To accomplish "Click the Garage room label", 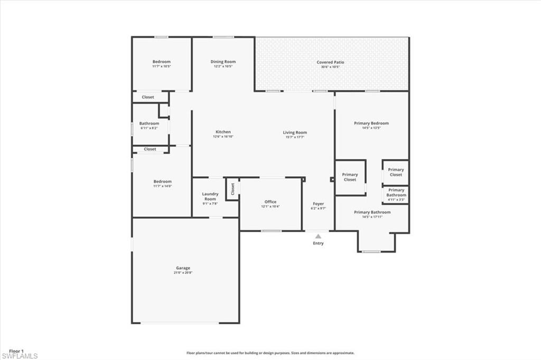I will click(x=183, y=268).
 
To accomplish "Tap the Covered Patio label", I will click(x=330, y=62).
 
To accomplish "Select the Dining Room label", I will click(x=223, y=62).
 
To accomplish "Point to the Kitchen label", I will click(x=223, y=132).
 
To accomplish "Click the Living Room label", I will click(x=295, y=132).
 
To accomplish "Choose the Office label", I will click(x=270, y=202).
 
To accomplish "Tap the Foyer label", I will click(x=318, y=204).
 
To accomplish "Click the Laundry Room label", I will click(x=210, y=196).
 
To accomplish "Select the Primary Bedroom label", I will click(x=371, y=123).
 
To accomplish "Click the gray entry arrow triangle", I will click(x=318, y=236).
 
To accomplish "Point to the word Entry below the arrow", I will click(x=318, y=243).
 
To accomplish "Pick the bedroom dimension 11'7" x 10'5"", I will click(x=162, y=67).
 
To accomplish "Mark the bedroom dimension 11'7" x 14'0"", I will click(x=162, y=186).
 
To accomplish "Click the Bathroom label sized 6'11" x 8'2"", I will click(x=149, y=124).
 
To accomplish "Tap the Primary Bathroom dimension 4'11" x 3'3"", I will click(x=396, y=200).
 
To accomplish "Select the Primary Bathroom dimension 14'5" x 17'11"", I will click(x=372, y=217).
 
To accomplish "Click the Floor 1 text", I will click(x=16, y=350).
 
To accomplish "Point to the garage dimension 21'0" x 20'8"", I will click(x=183, y=273).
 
